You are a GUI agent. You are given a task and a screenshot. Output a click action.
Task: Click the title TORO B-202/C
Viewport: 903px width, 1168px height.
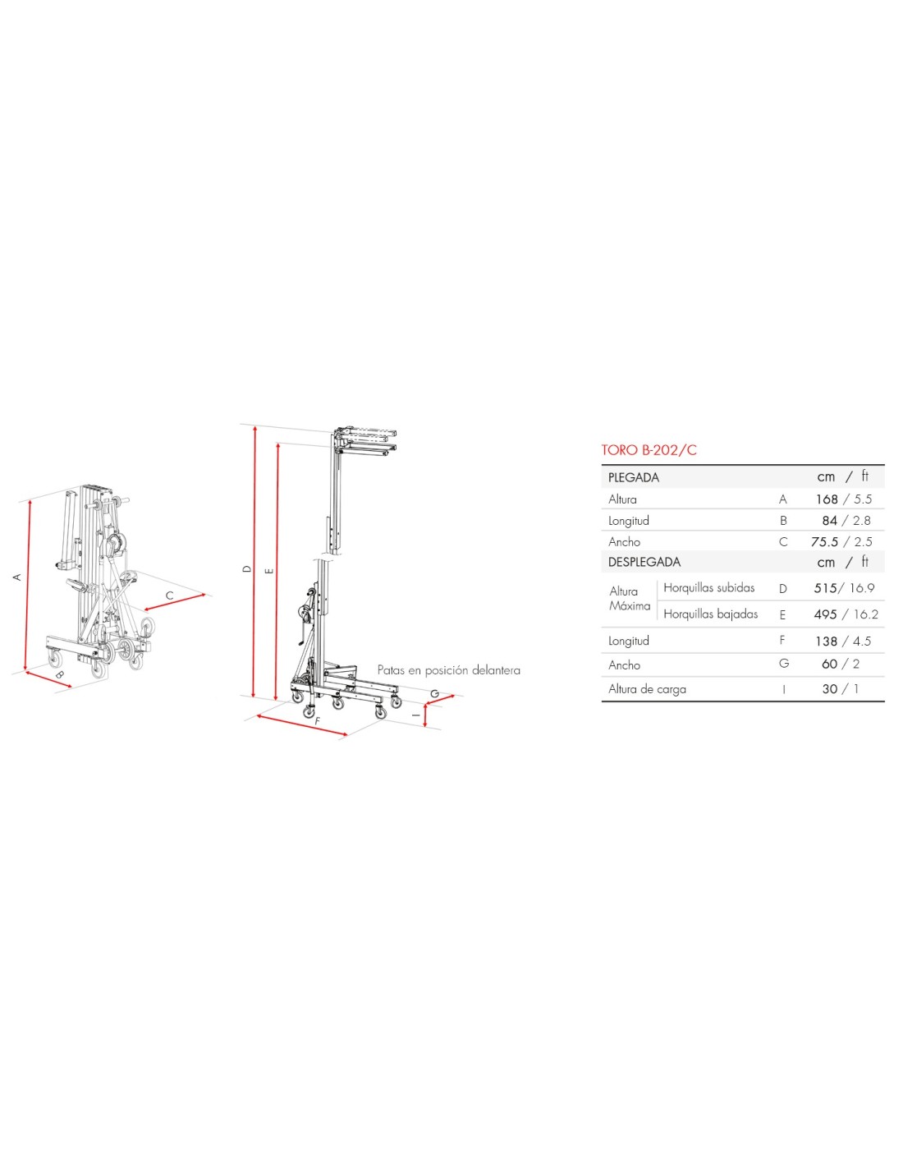[x=649, y=450]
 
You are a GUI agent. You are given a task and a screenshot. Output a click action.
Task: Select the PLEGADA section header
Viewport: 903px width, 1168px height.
[x=634, y=477]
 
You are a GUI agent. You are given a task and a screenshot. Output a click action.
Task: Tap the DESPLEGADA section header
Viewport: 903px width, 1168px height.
[x=644, y=562]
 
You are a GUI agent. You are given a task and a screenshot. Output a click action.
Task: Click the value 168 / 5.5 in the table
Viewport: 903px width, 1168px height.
[x=843, y=499]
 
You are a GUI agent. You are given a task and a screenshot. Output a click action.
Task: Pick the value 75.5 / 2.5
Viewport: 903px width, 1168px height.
[x=841, y=541]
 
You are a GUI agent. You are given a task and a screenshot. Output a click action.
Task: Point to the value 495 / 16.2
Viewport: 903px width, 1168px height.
[x=846, y=614]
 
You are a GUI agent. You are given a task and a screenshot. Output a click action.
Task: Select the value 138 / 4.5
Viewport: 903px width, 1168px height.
[x=843, y=641]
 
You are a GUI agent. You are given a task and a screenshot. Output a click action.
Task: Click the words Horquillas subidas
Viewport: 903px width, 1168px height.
[x=709, y=587]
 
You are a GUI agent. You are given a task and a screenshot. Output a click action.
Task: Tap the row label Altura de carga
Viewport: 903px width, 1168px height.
[x=647, y=689]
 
